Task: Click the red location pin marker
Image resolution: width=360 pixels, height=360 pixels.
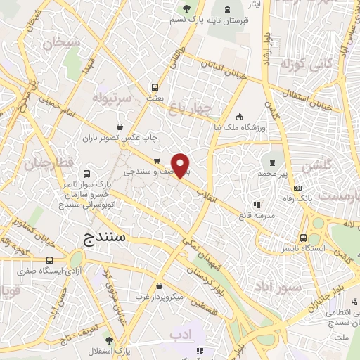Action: coord(181,165)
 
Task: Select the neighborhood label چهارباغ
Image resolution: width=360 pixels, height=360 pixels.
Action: coord(190,108)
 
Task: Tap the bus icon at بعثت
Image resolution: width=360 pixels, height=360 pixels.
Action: coord(155,88)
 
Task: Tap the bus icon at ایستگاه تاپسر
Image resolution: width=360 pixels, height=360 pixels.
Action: coord(303,238)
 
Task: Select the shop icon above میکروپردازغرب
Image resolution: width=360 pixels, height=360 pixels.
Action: coord(162,285)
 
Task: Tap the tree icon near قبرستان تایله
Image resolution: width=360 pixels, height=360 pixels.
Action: coord(186,8)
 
